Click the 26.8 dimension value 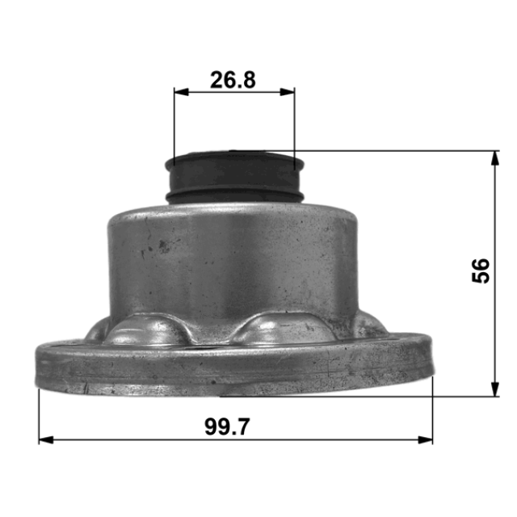click(x=233, y=80)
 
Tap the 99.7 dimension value click(x=228, y=427)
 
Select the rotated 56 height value click(x=481, y=271)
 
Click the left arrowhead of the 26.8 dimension click(x=181, y=92)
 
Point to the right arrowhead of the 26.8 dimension click(x=288, y=92)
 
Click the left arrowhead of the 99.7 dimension click(x=46, y=439)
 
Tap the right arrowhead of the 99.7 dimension click(x=426, y=439)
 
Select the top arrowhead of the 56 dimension click(x=494, y=158)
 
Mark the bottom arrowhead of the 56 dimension click(x=494, y=389)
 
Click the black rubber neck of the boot click(x=235, y=177)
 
